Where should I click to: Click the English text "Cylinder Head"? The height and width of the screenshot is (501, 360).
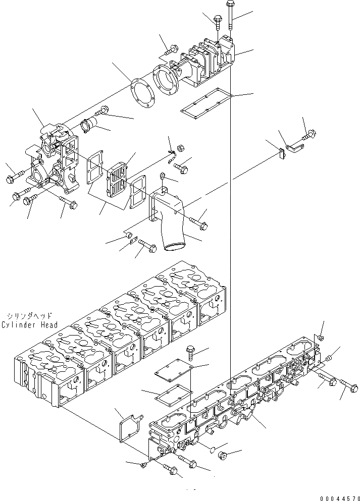tap(29, 324)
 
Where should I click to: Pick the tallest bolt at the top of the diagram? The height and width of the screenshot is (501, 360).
tap(230, 15)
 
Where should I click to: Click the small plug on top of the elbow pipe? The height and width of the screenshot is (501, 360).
tap(163, 176)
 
